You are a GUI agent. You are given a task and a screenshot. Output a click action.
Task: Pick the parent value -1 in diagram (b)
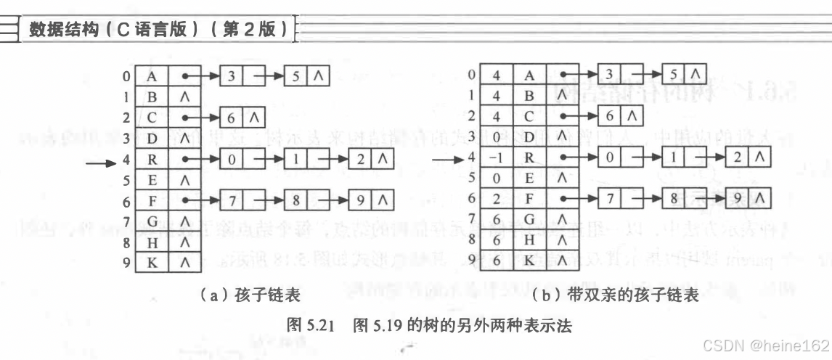click(497, 157)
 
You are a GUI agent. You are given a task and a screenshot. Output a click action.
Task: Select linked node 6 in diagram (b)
click(609, 115)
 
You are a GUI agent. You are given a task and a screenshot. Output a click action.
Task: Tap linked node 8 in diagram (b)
click(675, 199)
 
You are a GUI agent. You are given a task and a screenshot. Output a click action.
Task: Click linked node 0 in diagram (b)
click(610, 157)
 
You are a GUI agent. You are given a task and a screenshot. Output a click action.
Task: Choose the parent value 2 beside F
click(497, 199)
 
